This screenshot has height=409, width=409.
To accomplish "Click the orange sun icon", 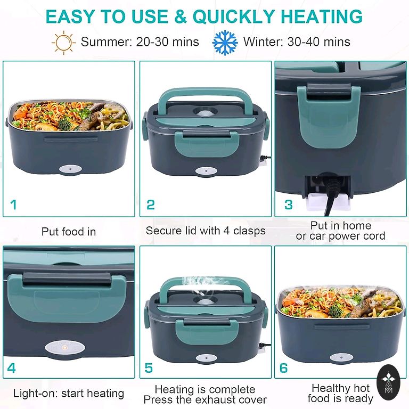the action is [64, 42].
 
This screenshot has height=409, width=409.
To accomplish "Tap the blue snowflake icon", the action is [225, 42].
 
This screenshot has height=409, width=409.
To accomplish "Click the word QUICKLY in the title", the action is [233, 17].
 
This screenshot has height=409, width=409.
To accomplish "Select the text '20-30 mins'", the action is [167, 42].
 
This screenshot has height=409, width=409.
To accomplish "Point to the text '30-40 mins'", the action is [319, 42].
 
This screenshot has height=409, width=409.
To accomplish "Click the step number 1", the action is [13, 204].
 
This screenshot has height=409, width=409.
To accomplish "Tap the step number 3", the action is [289, 204].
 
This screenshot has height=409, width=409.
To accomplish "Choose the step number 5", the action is [149, 368].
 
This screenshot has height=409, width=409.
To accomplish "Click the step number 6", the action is [283, 368].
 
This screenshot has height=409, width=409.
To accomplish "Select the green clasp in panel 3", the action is [328, 115].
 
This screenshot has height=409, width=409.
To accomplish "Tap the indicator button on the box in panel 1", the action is [70, 169].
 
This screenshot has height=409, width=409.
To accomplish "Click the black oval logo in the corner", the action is [388, 382].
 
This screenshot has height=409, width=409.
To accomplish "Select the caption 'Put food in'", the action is [69, 232].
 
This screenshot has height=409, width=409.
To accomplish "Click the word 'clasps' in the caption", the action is [249, 231].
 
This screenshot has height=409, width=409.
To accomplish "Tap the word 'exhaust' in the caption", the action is [218, 399].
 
